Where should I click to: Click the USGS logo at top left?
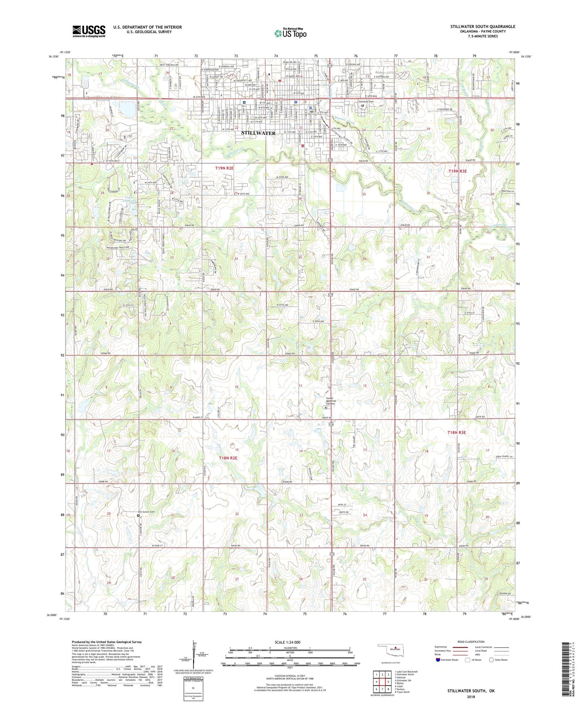point(89,31)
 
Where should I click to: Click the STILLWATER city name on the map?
point(258,133)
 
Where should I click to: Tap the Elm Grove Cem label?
point(146,512)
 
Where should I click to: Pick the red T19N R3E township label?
point(458,171)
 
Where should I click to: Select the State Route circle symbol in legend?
point(491,660)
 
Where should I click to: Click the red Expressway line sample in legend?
point(460,647)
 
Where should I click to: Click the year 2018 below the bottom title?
point(471,697)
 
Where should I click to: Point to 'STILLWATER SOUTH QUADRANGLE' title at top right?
point(483,27)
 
